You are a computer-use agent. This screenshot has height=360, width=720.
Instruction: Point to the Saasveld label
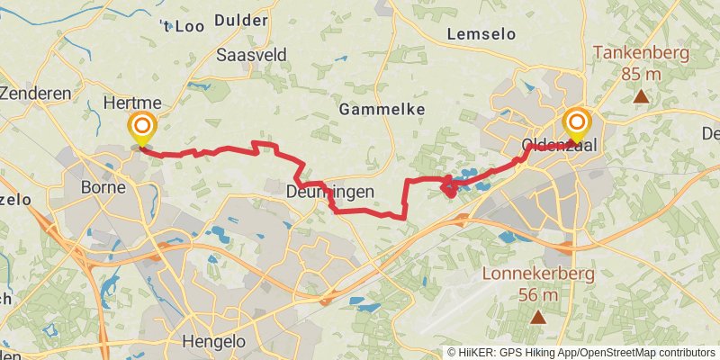click(252, 56)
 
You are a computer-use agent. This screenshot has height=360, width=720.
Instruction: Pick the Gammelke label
click(382, 109)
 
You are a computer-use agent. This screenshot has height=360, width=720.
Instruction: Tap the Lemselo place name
click(481, 34)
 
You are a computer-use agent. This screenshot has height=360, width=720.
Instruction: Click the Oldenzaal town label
click(560, 145)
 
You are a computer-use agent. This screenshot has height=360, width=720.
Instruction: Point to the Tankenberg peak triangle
click(640, 95)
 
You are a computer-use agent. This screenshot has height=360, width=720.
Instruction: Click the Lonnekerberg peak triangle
click(538, 317)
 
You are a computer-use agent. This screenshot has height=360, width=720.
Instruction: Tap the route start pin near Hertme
click(141, 129)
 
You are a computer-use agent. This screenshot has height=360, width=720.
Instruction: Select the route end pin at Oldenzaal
click(576, 124)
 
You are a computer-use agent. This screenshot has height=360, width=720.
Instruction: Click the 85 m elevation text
click(640, 74)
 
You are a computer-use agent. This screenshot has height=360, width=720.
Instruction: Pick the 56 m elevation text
click(539, 295)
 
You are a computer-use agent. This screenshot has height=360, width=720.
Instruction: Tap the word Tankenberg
click(640, 53)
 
